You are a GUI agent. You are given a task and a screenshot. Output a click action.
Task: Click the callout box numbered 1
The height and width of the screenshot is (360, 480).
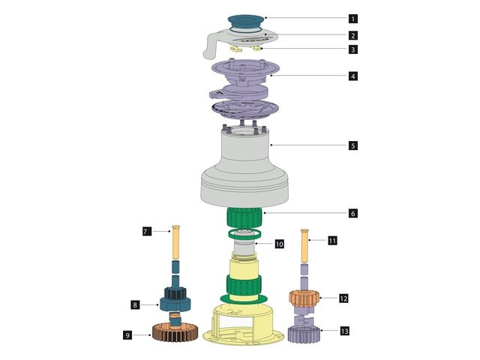tap(352, 18)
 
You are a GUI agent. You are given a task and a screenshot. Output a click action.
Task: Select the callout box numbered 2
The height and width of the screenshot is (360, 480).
tap(352, 35)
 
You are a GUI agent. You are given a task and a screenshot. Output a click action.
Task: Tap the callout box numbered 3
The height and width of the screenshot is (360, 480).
tap(352, 49)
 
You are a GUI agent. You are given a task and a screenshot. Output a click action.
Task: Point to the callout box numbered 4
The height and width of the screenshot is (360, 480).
tap(352, 76)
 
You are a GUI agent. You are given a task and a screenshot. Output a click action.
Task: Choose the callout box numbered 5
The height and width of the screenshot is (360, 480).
tap(352, 145)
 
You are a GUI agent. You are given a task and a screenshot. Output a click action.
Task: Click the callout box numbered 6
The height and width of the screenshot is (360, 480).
tap(352, 213)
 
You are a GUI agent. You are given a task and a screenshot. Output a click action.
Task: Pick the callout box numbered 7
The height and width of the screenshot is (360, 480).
tap(147, 232)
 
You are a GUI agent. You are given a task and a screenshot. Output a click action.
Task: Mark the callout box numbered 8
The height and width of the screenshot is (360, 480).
tap(135, 304)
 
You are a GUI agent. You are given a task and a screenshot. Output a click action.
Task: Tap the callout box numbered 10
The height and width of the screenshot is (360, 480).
tap(279, 244)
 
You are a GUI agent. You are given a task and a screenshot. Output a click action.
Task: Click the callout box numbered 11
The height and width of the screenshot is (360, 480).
tap(333, 241)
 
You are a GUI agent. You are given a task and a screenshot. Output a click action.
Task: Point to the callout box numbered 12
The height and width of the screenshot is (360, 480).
tap(343, 298)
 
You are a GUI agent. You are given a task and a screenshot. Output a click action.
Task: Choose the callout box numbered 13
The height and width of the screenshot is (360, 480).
tap(344, 330)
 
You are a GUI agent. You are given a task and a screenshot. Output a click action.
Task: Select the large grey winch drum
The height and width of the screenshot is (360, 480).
tap(245, 169)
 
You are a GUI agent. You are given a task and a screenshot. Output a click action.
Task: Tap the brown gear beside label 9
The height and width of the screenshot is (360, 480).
tap(175, 331)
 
